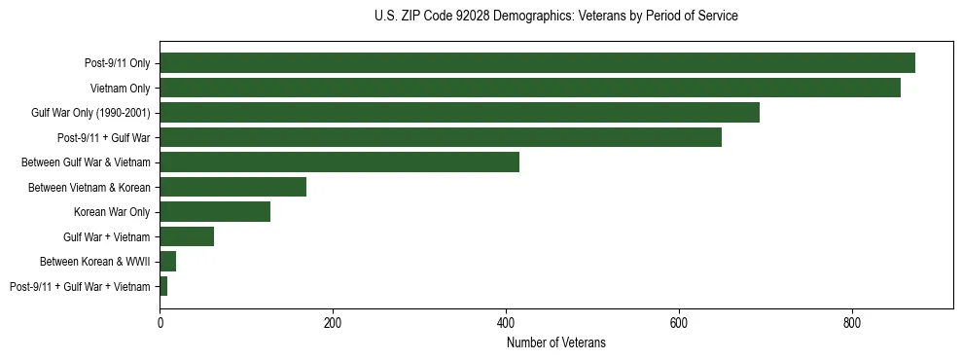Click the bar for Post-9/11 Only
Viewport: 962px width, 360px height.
click(x=537, y=63)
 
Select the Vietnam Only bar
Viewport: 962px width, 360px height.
click(x=530, y=88)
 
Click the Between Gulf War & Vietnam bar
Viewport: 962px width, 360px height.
click(x=339, y=162)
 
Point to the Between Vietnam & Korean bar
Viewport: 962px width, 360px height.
click(x=232, y=187)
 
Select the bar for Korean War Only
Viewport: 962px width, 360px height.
click(x=215, y=212)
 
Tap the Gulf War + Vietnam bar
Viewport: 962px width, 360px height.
click(x=187, y=236)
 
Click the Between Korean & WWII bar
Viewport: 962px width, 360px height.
click(x=167, y=262)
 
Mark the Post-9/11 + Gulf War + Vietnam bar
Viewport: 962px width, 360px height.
click(x=163, y=286)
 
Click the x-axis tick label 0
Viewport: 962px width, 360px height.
click(x=160, y=323)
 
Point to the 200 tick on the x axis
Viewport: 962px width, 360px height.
click(x=333, y=323)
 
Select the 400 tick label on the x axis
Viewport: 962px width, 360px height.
click(x=506, y=323)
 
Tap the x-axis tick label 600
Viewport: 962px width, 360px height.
click(x=679, y=323)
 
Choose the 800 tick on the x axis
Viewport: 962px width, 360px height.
click(x=852, y=323)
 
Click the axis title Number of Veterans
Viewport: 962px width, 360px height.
click(x=555, y=342)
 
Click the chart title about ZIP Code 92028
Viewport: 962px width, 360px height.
click(x=555, y=17)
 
